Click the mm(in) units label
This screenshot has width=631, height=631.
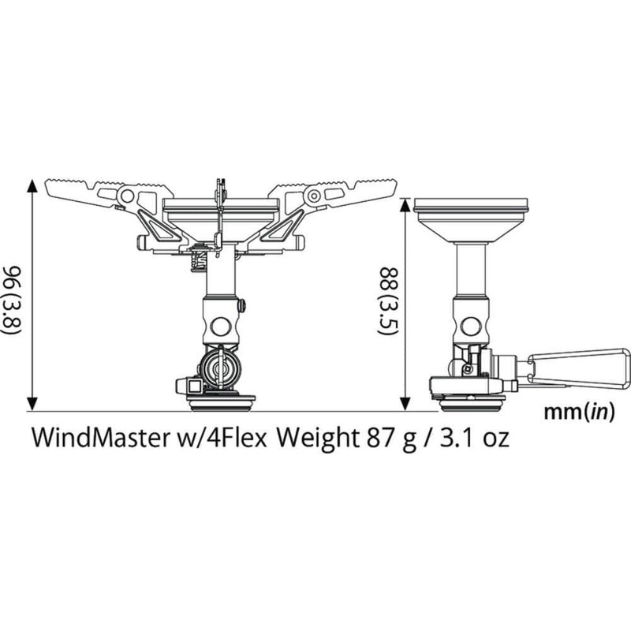(x=580, y=411)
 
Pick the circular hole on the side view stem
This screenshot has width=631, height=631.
(x=471, y=324)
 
